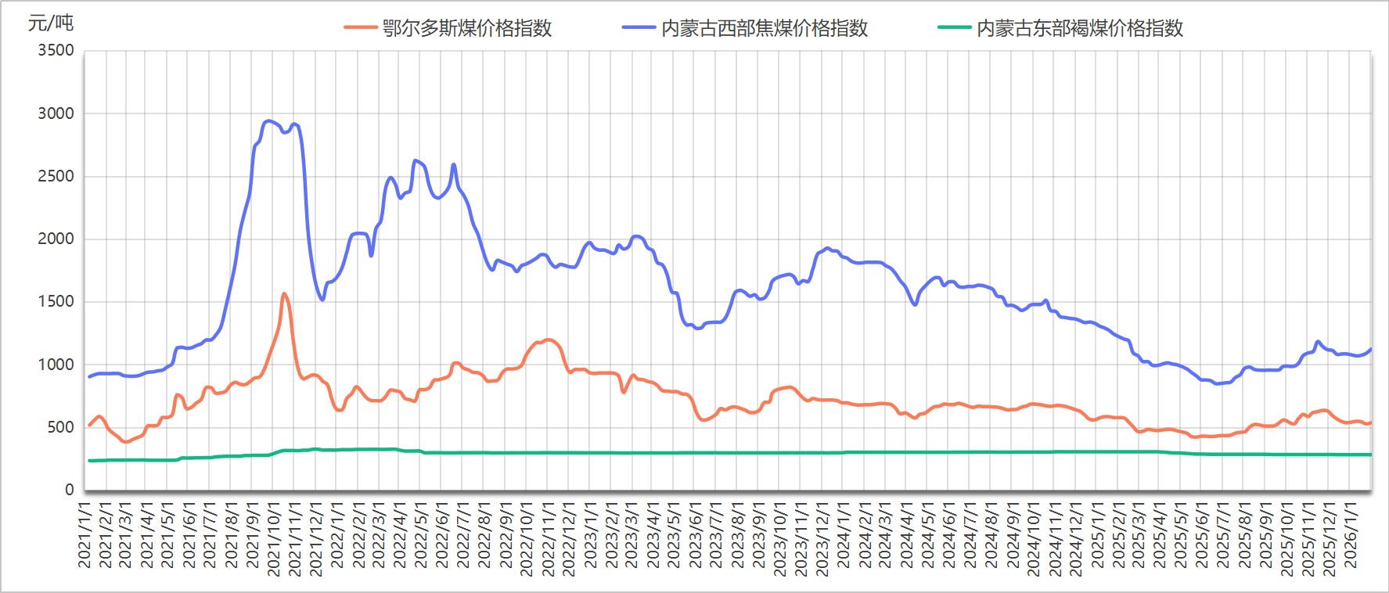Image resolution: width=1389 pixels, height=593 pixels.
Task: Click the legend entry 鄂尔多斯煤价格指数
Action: pos(466,29)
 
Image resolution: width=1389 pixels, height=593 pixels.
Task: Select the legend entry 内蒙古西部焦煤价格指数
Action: pos(764,29)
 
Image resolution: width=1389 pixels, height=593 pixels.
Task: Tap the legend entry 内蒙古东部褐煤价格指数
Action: pos(1079,29)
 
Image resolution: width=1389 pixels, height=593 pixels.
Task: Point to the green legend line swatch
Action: pos(954,28)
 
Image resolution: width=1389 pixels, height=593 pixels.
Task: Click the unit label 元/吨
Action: pos(51,23)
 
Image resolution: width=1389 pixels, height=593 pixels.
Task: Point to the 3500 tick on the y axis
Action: pos(56,51)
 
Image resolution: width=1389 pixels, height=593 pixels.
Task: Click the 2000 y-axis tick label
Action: pos(56,239)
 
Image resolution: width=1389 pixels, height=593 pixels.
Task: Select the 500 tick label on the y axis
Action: pos(60,427)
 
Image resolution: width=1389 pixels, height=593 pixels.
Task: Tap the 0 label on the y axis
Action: pos(70,490)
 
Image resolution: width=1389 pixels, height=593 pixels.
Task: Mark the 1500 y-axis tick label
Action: pos(56,301)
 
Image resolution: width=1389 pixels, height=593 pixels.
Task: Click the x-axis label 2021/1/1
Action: pos(85,535)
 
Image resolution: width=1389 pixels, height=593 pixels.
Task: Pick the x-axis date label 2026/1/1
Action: pos(1350,535)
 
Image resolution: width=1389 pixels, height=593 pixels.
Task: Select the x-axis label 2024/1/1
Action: pos(844,535)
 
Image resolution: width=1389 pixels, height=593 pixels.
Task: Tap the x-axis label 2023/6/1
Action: pos(695,535)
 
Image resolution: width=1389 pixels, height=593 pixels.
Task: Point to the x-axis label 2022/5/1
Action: pos(421,535)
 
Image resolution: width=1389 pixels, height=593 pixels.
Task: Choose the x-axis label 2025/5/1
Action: pos(1181,535)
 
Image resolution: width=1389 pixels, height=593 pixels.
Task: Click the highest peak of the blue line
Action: pos(268,121)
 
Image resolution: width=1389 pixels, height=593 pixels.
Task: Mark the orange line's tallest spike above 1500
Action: pos(284,294)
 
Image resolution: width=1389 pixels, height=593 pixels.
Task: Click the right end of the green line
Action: pos(1371,455)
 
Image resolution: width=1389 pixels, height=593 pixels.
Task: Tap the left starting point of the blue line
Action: pos(89,377)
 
